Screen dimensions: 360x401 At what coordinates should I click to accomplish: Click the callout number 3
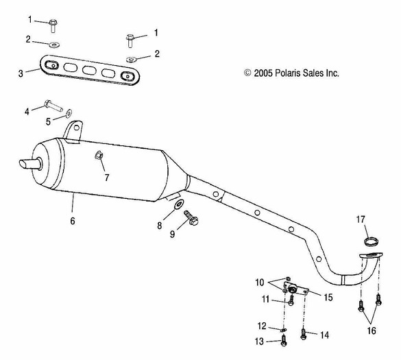pyautogui.click(x=21, y=72)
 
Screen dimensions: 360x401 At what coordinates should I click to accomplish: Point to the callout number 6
pyautogui.click(x=72, y=221)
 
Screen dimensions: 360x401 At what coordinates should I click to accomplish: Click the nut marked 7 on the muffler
pyautogui.click(x=99, y=156)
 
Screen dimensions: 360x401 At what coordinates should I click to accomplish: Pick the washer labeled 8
pyautogui.click(x=178, y=204)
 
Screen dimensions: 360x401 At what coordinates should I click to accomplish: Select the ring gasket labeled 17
pyautogui.click(x=371, y=241)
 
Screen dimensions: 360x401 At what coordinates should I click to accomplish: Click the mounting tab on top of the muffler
pyautogui.click(x=74, y=129)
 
